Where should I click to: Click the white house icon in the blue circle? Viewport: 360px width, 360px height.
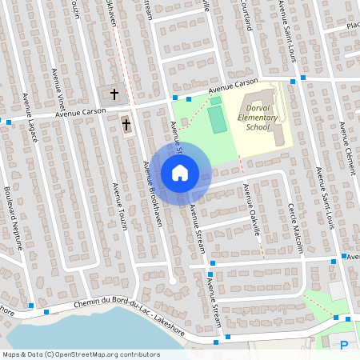tap(179, 173)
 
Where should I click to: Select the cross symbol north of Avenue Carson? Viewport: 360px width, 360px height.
tap(114, 94)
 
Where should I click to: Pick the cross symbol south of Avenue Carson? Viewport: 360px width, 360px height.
tap(126, 124)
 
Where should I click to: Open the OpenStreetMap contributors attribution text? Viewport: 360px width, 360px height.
tap(81, 354)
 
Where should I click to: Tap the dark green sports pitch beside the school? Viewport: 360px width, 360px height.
tap(217, 119)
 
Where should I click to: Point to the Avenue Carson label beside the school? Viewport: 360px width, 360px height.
tap(233, 87)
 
